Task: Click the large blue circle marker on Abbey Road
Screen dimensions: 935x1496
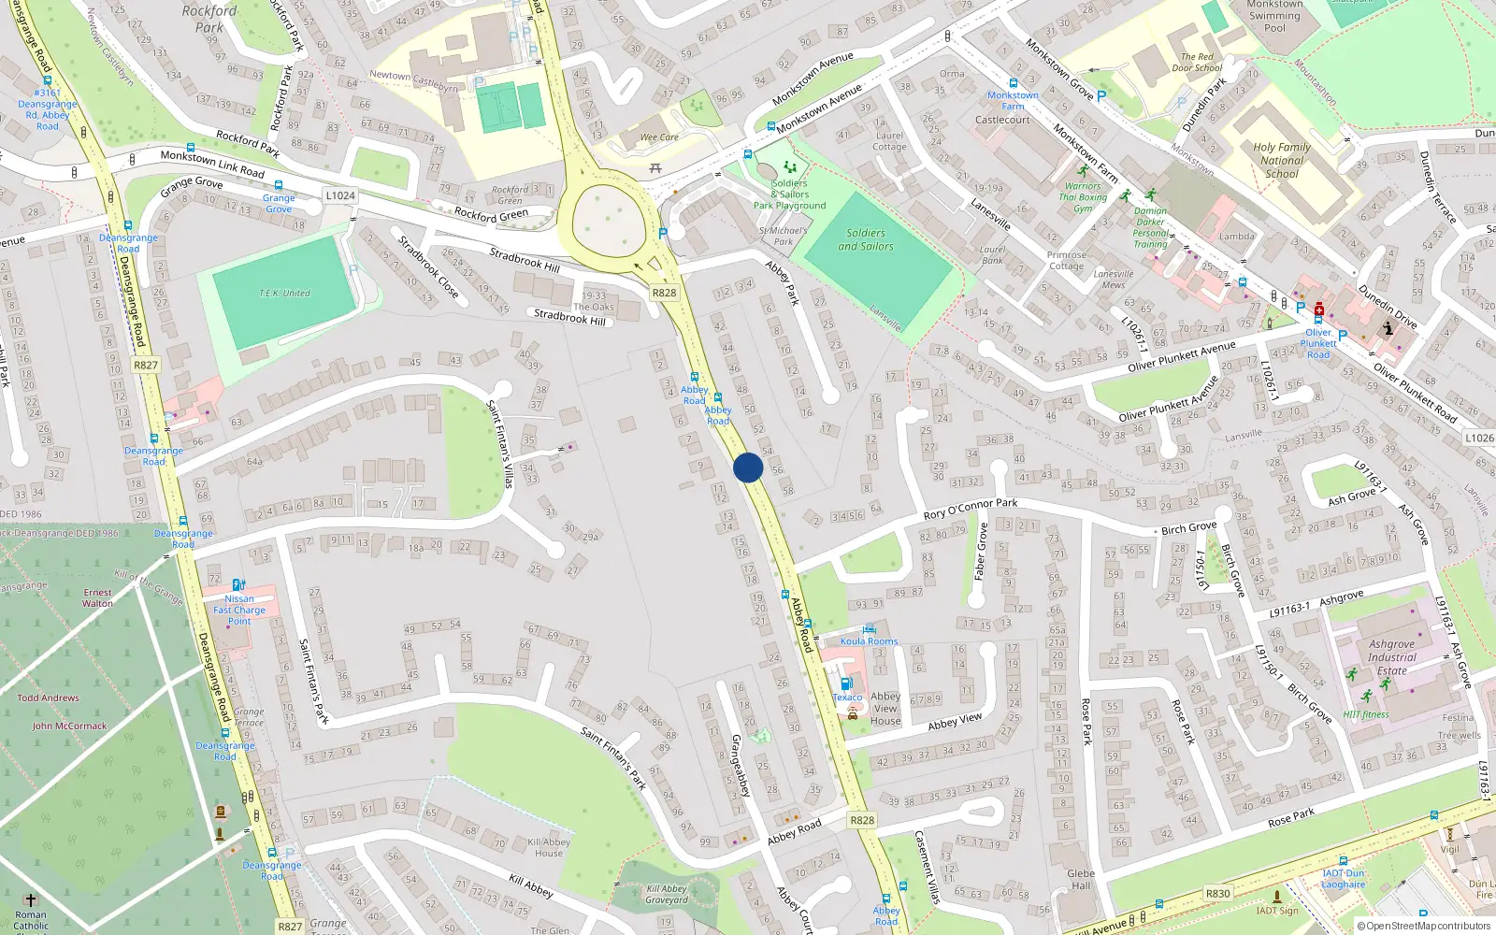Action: (748, 467)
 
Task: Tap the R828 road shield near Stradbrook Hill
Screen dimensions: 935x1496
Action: (664, 293)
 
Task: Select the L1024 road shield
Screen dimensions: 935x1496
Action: (340, 195)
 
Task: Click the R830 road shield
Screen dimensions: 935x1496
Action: (1217, 893)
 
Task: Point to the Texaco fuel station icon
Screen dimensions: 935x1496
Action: (846, 683)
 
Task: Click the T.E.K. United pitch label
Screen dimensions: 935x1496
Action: (284, 294)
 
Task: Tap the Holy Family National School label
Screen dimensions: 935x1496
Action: (1281, 160)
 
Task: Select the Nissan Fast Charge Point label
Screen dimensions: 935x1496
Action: (239, 610)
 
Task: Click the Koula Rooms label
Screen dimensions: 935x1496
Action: (869, 641)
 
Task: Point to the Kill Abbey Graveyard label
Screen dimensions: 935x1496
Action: (667, 895)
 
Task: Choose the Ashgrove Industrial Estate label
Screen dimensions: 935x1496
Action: (1391, 657)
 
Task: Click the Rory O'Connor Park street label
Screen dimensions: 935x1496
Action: (970, 509)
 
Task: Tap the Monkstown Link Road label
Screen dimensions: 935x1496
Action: (212, 164)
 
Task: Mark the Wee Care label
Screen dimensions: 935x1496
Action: (659, 137)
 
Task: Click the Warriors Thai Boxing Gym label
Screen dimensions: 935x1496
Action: (1083, 197)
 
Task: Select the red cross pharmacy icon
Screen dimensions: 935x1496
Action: (1319, 310)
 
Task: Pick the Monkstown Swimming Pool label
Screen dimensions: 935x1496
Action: (1274, 16)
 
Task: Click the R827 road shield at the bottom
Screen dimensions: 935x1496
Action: (290, 927)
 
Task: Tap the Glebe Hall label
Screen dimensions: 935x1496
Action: (1081, 880)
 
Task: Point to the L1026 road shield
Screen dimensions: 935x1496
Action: (1479, 438)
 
